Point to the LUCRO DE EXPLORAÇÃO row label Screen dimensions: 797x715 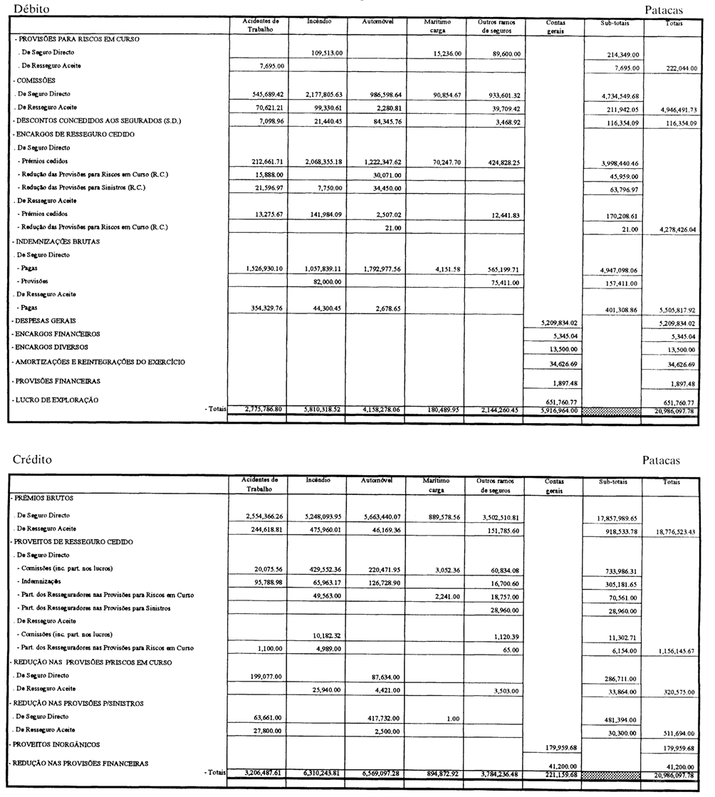(56, 400)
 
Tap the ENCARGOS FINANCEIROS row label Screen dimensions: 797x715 (56, 334)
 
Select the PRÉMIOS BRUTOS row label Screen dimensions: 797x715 (43, 499)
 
